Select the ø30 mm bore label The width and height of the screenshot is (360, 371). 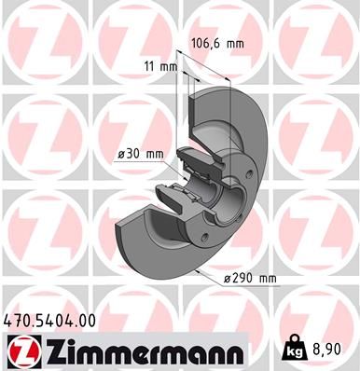pyautogui.click(x=141, y=155)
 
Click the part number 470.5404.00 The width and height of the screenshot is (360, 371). pyautogui.click(x=52, y=320)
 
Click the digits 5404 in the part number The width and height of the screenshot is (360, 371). pyautogui.click(x=54, y=320)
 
